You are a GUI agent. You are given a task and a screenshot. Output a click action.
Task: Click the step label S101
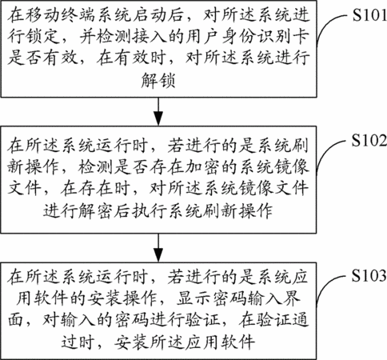pyautogui.click(x=369, y=15)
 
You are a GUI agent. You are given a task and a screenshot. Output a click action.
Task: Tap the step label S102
pyautogui.click(x=369, y=140)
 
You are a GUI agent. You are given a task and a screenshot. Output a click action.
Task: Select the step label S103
pyautogui.click(x=369, y=275)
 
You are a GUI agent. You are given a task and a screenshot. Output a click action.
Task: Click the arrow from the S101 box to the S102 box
pyautogui.click(x=158, y=111)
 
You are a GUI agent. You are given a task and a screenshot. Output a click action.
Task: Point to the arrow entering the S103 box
pyautogui.click(x=158, y=248)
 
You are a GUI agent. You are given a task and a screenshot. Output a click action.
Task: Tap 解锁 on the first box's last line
pyautogui.click(x=158, y=80)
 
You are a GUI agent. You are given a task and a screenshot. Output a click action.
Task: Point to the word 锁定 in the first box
pyautogui.click(x=42, y=36)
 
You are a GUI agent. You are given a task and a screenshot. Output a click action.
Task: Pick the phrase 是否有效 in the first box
pyautogui.click(x=42, y=58)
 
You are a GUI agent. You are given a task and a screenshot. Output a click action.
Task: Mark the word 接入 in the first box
pyautogui.click(x=150, y=36)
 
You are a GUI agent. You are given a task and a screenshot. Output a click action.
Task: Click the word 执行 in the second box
pyautogui.click(x=150, y=210)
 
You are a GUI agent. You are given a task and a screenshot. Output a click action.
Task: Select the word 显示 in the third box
pyautogui.click(x=194, y=298)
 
